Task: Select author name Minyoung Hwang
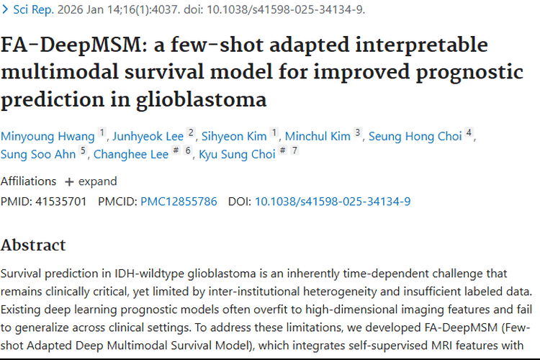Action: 48,136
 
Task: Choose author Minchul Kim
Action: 318,136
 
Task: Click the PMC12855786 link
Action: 179,202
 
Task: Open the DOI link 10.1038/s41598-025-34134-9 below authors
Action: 333,202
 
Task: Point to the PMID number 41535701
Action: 60,202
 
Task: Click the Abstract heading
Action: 33,245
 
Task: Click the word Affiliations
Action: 28,181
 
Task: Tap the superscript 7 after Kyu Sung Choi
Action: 294,150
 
